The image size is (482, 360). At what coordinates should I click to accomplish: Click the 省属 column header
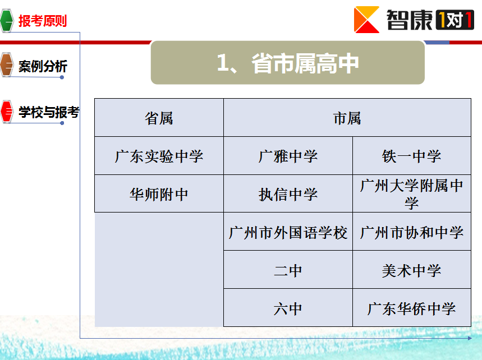[x=159, y=118]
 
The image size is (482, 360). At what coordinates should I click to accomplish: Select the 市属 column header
[x=347, y=118]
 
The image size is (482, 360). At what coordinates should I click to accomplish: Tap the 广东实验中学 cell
[x=159, y=156]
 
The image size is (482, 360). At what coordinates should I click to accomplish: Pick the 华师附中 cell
[x=159, y=194]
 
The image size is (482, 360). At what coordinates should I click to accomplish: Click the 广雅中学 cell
[x=288, y=156]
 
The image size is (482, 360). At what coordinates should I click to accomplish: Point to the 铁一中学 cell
[x=412, y=156]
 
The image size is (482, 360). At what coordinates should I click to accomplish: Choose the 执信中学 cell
[x=288, y=194]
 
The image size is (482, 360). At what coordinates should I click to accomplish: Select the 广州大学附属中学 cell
[x=412, y=194]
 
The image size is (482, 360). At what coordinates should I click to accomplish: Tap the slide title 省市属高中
[x=305, y=63]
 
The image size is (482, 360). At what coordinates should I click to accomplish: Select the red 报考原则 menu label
[x=43, y=21]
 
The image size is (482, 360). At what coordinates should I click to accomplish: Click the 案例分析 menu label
[x=43, y=66]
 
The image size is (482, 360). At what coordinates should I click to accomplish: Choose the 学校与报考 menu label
[x=49, y=112]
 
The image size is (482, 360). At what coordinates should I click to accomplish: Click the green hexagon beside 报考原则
[x=7, y=21]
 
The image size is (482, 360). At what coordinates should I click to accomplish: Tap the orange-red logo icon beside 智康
[x=366, y=20]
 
